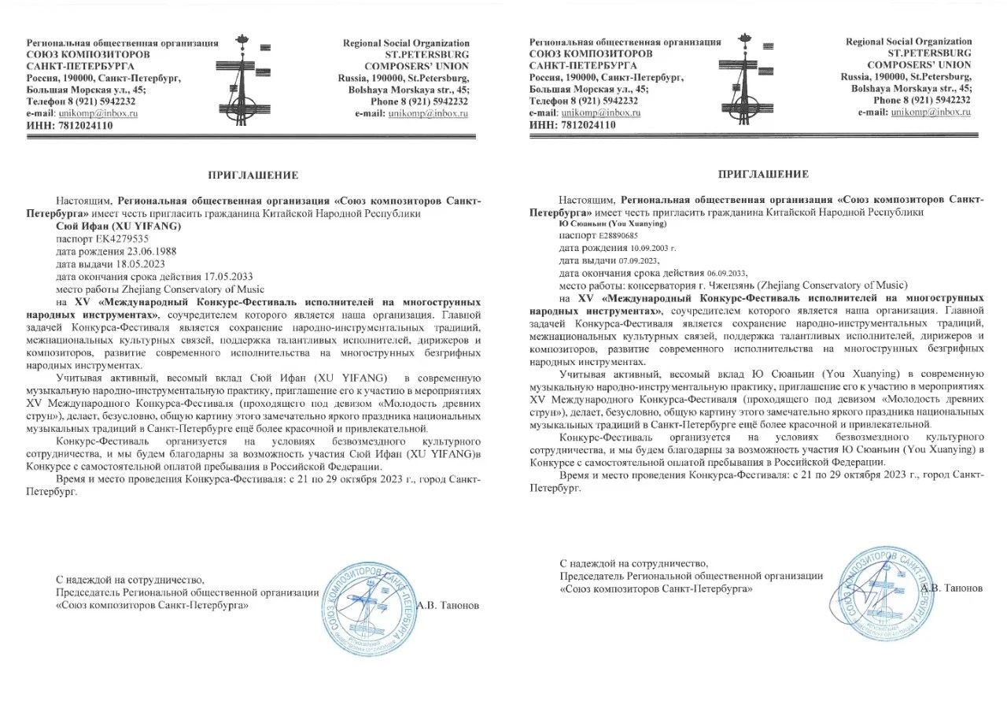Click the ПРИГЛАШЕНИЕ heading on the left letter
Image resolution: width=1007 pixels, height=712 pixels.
[253, 175]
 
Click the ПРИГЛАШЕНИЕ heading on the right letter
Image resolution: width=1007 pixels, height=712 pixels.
[762, 174]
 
